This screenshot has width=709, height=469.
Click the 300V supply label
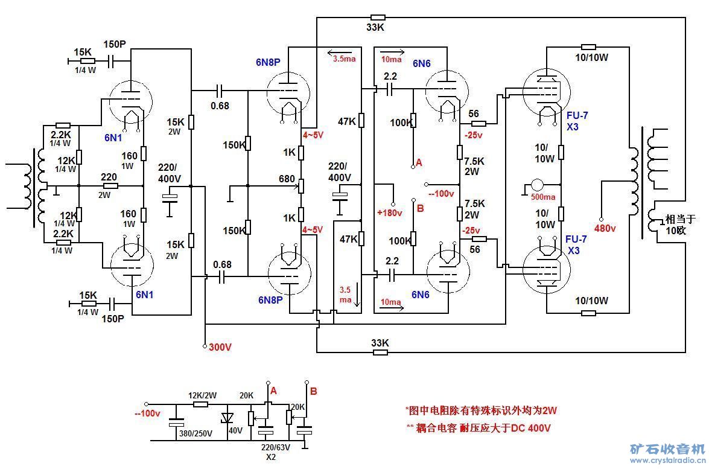tap(220, 347)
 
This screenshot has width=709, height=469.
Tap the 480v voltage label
tap(605, 228)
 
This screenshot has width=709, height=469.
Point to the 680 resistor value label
tap(287, 179)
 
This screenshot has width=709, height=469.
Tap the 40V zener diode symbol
tap(227, 417)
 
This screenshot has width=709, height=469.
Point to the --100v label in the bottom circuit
tap(147, 413)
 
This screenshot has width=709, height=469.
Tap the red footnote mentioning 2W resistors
tap(481, 410)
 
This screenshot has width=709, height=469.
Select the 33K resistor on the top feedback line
tap(378, 18)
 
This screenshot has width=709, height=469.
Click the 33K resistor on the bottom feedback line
tap(380, 351)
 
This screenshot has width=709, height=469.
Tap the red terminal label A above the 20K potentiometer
tap(273, 391)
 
